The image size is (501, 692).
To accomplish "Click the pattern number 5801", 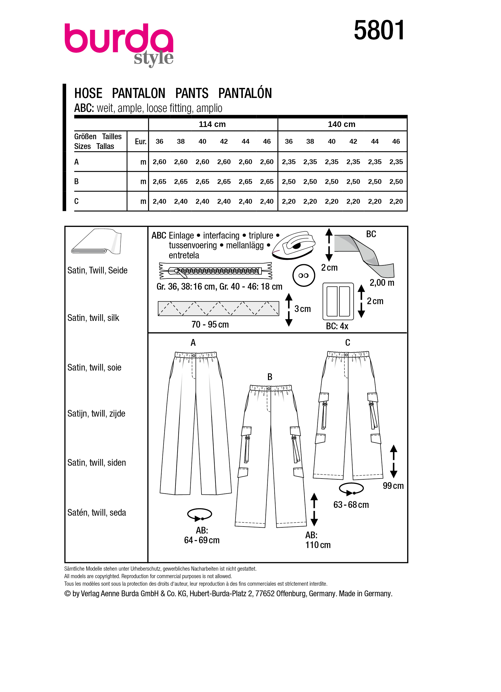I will click(379, 30).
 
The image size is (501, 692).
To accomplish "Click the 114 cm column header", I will click(212, 124).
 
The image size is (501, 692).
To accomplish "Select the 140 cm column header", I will click(341, 124).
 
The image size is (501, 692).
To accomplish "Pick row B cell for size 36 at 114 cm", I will click(159, 182).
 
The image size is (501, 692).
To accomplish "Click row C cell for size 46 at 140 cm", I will click(396, 201).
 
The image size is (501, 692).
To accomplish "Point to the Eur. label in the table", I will click(140, 141).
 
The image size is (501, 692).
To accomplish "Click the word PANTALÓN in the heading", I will click(245, 93).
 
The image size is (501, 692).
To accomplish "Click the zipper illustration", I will click(215, 271).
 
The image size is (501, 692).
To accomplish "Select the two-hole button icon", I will click(303, 275).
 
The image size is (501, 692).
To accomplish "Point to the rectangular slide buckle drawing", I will click(338, 301).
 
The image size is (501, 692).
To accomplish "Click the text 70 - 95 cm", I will click(210, 324).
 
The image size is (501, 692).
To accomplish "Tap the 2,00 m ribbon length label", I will click(382, 283).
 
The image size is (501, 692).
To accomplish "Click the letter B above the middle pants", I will click(269, 377).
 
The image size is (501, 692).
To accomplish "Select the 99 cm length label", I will click(393, 486).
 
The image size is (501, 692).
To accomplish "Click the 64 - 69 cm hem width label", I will click(202, 540).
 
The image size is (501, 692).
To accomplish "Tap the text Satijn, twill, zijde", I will click(96, 414).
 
